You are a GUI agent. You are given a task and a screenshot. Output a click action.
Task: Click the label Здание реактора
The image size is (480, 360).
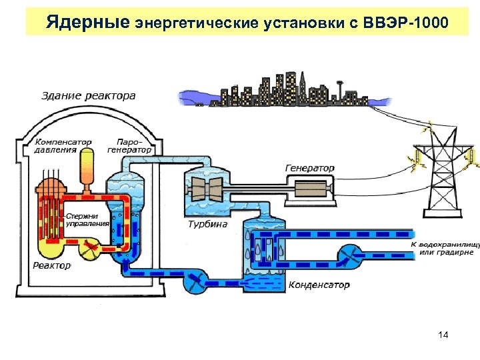(88, 95)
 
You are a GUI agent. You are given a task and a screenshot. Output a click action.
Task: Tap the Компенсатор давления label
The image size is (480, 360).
(63, 146)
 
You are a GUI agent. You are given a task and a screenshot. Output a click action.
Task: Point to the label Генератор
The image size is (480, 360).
(310, 167)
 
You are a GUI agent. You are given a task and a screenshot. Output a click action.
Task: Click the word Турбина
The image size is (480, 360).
(207, 224)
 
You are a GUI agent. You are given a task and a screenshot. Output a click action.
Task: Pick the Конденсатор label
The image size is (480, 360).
(319, 285)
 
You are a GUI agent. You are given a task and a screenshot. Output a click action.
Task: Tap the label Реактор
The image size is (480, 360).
(51, 265)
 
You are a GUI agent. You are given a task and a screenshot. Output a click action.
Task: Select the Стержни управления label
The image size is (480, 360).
(87, 219)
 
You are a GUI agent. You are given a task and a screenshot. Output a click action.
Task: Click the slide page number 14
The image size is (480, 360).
(443, 334)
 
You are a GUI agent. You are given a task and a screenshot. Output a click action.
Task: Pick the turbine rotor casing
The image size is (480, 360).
(205, 189)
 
